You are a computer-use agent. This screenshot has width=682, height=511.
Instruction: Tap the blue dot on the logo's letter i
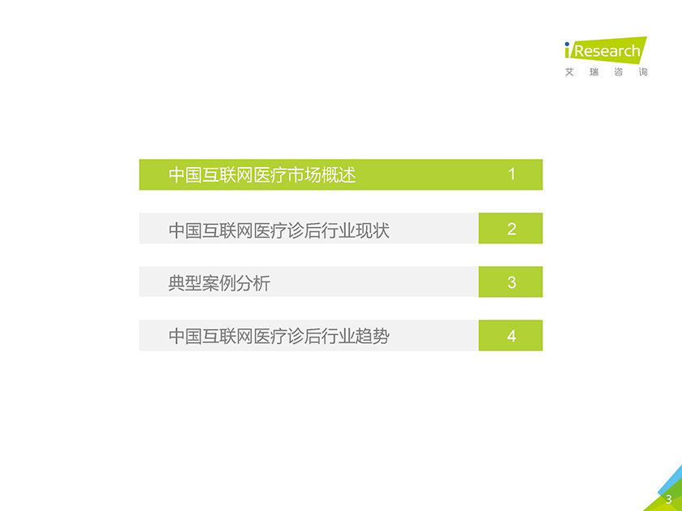(567, 44)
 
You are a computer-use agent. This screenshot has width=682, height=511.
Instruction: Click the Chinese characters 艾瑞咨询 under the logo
(606, 72)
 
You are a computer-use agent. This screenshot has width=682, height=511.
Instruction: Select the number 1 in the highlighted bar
(511, 174)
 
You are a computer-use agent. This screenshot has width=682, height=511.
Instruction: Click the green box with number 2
(511, 228)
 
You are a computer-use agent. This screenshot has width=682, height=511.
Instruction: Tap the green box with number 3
(511, 281)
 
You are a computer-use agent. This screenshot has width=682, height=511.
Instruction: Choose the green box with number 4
(511, 336)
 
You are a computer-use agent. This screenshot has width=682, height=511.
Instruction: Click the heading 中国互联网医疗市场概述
(262, 174)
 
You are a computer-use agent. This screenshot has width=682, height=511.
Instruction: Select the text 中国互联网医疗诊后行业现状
(278, 230)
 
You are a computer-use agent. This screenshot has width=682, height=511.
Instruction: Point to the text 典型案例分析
(219, 283)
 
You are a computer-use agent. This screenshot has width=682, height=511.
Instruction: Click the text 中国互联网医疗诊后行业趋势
(278, 337)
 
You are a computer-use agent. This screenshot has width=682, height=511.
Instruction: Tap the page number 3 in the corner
(669, 500)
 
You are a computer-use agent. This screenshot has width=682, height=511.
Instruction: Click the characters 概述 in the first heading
(339, 174)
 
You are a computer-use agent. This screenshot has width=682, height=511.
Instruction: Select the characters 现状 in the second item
(373, 230)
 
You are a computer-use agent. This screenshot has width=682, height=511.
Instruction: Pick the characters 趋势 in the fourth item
(373, 337)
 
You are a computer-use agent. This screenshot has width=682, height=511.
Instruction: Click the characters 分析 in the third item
(253, 283)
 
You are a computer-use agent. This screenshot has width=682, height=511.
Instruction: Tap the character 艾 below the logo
(569, 72)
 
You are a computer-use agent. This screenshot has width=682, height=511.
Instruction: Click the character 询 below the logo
(643, 72)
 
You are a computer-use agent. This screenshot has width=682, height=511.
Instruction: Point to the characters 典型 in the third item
(185, 283)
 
